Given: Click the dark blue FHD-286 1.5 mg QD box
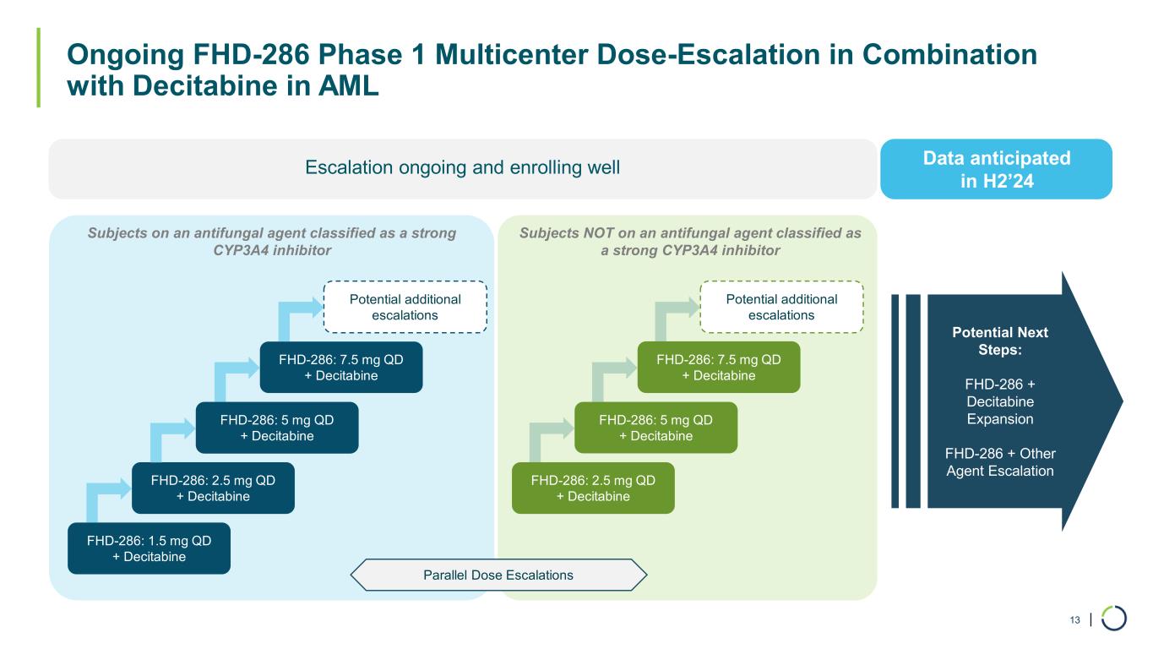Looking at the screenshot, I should click(149, 548).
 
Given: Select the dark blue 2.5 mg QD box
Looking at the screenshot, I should click(213, 488).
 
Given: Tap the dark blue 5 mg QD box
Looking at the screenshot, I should click(277, 428).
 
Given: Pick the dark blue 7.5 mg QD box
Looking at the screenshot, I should click(341, 367).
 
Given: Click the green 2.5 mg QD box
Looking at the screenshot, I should click(593, 488).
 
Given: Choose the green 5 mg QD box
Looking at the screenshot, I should click(655, 428).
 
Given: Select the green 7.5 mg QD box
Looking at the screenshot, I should click(719, 367).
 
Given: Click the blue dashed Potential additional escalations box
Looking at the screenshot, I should click(405, 307).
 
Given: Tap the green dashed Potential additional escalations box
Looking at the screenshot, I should click(781, 307).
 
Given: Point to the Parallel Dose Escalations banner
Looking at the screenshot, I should click(498, 575).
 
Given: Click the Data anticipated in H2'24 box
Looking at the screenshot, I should click(996, 169).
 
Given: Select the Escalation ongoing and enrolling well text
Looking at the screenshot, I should click(462, 168).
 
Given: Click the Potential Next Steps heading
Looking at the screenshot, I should click(1000, 341).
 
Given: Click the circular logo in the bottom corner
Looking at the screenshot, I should click(1114, 619).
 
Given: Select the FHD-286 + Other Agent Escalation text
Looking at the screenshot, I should click(1000, 462).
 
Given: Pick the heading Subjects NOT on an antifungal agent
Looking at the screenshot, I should click(690, 242).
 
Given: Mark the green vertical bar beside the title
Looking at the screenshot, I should click(38, 68).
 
